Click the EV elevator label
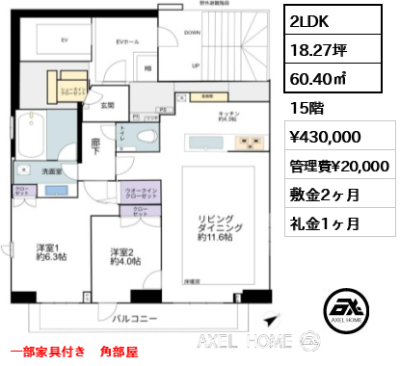click(x=65, y=40)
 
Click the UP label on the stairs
click(x=195, y=66)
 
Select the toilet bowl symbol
click(x=147, y=133)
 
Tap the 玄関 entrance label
click(x=108, y=106)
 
